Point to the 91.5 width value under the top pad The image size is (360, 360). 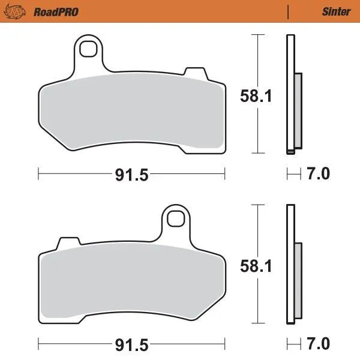pos(131,175)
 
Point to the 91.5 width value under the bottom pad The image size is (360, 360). pos(131,345)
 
